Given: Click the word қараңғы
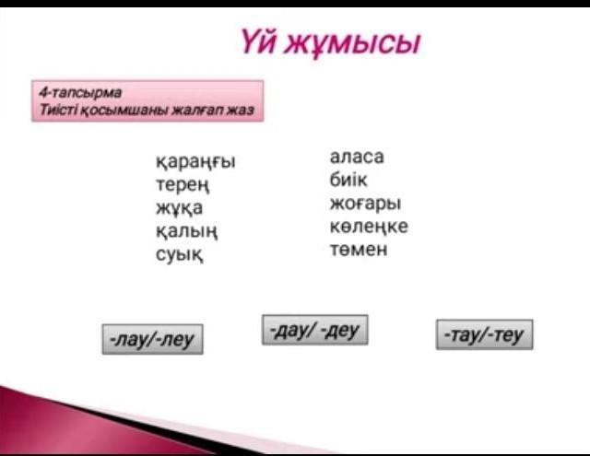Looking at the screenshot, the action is click(195, 162).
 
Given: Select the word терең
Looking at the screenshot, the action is click(183, 185).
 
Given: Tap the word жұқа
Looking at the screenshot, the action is click(179, 208).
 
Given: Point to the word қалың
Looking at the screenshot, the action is click(186, 231).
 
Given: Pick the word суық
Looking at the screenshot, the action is click(180, 254).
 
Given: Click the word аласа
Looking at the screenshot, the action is click(357, 157).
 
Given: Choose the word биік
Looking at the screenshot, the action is click(348, 180).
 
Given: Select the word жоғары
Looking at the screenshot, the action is click(365, 204).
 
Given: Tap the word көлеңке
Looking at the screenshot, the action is click(369, 227).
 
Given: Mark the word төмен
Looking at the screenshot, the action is click(359, 250).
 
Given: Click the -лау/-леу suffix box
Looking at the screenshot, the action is click(153, 339).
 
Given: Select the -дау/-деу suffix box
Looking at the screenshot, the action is click(315, 330).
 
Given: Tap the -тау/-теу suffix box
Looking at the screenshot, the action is click(485, 334).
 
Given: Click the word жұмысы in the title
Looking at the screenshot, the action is click(352, 43).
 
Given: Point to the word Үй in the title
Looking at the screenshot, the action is click(259, 41).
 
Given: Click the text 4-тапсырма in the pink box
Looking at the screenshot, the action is click(80, 92).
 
